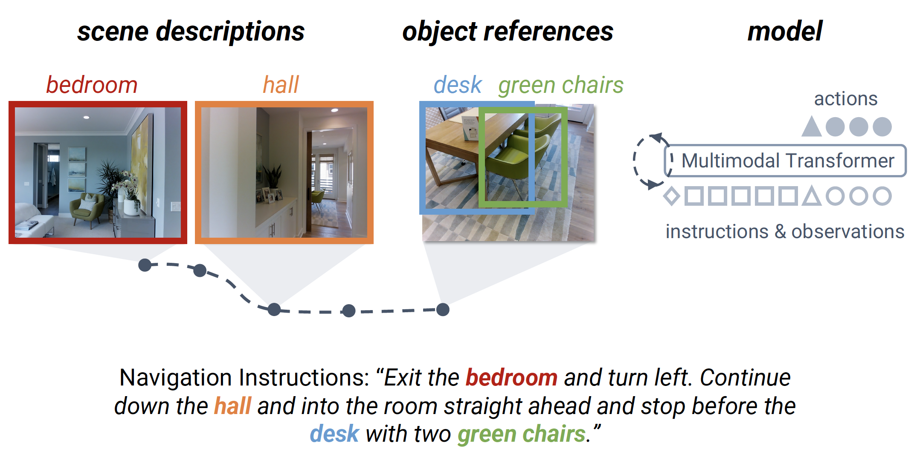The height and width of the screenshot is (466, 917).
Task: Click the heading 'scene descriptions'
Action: click(x=191, y=32)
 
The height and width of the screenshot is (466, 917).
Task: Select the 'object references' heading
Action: click(x=508, y=32)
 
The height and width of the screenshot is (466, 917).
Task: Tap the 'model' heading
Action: click(x=785, y=31)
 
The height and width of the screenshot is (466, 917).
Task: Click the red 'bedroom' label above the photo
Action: click(x=92, y=84)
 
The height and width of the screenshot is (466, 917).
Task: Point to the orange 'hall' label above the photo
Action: click(x=281, y=84)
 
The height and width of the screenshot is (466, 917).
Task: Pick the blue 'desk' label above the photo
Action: click(x=458, y=84)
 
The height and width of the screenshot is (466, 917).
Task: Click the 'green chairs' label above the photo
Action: click(x=561, y=85)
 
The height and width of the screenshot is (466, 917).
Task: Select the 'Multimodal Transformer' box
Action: click(x=785, y=161)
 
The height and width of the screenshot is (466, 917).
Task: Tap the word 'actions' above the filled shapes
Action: click(x=846, y=99)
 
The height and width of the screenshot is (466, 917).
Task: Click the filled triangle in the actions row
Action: click(x=812, y=127)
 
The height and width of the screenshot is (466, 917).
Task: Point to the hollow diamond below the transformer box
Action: click(x=672, y=196)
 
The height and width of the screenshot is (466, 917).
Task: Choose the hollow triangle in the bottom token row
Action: click(x=812, y=196)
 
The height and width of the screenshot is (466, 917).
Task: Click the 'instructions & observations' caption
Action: click(x=785, y=232)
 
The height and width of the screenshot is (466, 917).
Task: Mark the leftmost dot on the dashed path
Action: click(x=145, y=265)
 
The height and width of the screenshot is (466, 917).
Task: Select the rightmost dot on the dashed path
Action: click(x=443, y=310)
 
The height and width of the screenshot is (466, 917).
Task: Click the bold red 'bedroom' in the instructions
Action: click(x=511, y=377)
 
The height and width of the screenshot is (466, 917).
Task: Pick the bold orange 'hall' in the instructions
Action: click(x=232, y=406)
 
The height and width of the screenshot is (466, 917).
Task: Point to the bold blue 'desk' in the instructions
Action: click(x=334, y=434)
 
